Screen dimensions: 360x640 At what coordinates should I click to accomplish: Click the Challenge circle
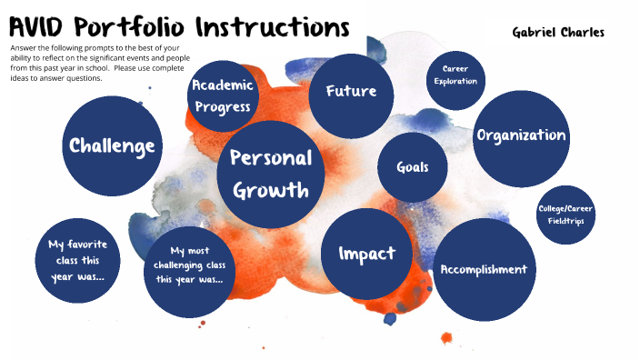[112, 145]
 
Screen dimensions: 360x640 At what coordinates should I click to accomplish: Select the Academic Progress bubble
[221, 96]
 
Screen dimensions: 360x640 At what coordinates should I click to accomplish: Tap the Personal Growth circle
[271, 175]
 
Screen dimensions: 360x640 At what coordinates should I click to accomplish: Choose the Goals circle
[412, 167]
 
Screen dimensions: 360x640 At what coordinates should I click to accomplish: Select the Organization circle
[521, 135]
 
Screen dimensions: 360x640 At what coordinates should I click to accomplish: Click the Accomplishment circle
[483, 269]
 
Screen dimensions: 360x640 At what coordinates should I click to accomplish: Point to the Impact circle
[366, 254]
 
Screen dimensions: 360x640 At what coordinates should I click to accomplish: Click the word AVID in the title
[41, 26]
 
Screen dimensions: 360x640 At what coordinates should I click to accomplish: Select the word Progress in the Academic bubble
[222, 107]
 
